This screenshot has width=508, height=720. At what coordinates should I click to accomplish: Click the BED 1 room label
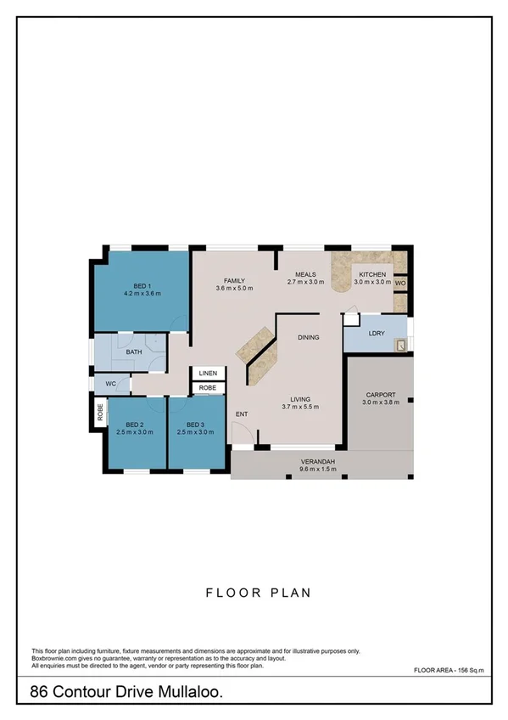[x=142, y=285]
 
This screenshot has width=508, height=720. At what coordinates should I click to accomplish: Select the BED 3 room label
[x=195, y=425]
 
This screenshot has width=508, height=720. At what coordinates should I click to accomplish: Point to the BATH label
[x=134, y=352]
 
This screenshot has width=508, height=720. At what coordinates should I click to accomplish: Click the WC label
[x=110, y=384]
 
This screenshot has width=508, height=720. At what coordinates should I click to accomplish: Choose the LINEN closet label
[x=208, y=373]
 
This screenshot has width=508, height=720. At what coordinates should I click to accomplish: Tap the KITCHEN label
[x=372, y=275]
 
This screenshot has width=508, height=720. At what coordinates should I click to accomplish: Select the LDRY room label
[x=377, y=334]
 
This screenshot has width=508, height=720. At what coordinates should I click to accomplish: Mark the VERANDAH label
[x=318, y=461]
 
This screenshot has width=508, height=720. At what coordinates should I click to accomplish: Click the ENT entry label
[x=242, y=414]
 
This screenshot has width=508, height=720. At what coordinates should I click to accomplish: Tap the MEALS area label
[x=305, y=274]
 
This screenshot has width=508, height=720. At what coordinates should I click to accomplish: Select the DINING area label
[x=308, y=338]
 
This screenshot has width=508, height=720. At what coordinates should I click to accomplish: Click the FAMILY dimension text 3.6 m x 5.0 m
[x=235, y=289]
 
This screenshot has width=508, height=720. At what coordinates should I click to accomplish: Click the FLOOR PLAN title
[x=254, y=593]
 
